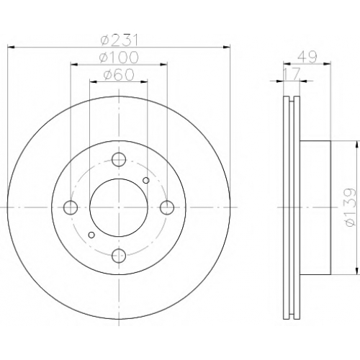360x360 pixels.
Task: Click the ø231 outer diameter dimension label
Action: tap(120, 40)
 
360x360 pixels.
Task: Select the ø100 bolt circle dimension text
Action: tap(119, 58)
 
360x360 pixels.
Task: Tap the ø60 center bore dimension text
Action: tap(119, 75)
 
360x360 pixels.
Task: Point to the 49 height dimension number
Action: tap(307, 57)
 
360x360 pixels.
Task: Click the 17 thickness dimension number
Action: tap(292, 74)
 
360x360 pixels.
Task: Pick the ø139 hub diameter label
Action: tap(349, 207)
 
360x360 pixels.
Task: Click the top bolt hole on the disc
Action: tap(119, 159)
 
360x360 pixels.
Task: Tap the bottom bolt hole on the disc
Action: tap(119, 256)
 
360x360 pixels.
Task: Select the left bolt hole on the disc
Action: tap(71, 207)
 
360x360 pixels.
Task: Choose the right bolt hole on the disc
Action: tap(167, 207)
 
